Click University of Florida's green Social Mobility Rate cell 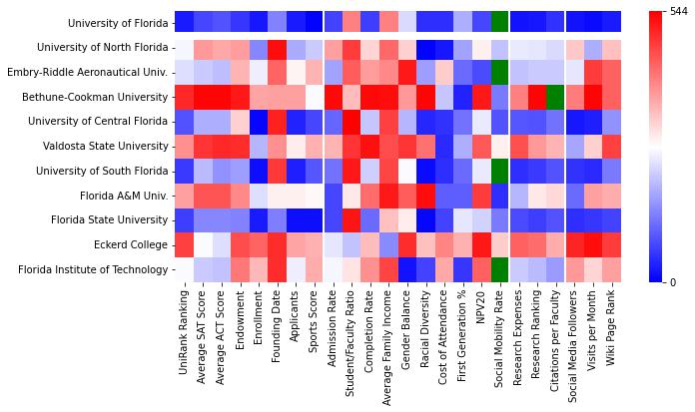(499, 23)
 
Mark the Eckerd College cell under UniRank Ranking (184, 244)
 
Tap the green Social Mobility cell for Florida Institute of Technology (499, 269)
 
